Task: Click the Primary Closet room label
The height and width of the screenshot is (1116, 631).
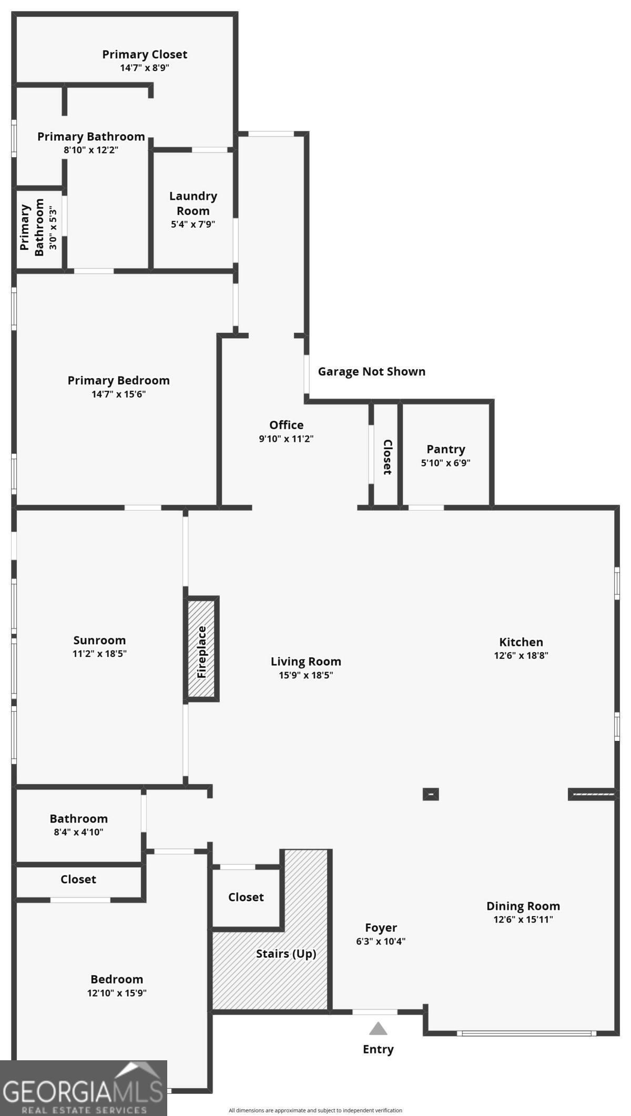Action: [145, 54]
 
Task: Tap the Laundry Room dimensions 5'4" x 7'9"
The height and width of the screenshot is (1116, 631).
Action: [193, 224]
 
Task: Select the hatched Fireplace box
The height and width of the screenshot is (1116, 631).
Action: [201, 648]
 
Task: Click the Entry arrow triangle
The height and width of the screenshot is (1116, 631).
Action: [378, 1029]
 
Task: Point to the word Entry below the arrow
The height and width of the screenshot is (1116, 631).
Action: [378, 1049]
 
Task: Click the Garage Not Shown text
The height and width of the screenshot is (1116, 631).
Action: [371, 371]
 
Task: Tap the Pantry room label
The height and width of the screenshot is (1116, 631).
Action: [445, 449]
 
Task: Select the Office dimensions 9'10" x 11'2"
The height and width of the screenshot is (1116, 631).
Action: [286, 439]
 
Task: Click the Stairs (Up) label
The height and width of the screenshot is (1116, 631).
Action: [286, 953]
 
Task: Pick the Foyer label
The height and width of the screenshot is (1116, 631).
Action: [381, 928]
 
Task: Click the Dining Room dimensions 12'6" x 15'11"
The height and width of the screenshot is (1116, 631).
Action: [523, 919]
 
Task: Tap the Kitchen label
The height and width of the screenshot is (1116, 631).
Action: [521, 642]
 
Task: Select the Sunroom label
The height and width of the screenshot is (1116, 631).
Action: [99, 640]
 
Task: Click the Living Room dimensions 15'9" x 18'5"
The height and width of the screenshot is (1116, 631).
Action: [306, 675]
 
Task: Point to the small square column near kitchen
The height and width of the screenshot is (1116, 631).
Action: [430, 794]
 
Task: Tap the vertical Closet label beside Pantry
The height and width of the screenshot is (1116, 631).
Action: [387, 457]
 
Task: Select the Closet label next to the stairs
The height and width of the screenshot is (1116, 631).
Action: [246, 897]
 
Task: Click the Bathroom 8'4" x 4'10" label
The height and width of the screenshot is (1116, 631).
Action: [78, 819]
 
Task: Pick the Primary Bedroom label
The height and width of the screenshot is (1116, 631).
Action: [118, 380]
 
